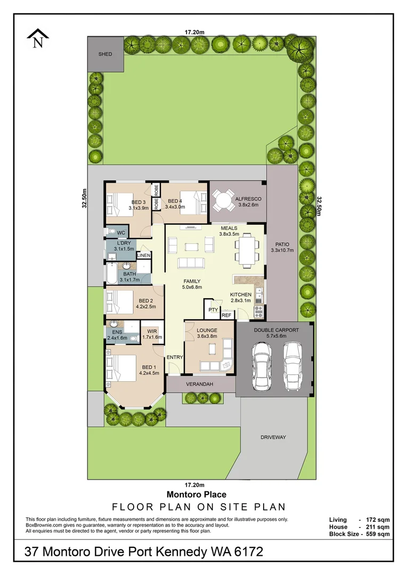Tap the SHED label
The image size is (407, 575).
pyautogui.click(x=105, y=54)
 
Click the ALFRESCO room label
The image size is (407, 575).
pyautogui.click(x=248, y=199)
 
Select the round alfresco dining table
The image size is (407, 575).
pyautogui.click(x=223, y=201)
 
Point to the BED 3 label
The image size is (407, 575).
pyautogui.click(x=139, y=202)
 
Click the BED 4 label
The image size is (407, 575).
pyautogui.click(x=175, y=201)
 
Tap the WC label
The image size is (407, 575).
pyautogui.click(x=120, y=233)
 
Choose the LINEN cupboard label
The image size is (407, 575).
pyautogui.click(x=144, y=256)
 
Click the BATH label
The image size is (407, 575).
pyautogui.click(x=130, y=274)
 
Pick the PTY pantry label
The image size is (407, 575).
pyautogui.click(x=213, y=309)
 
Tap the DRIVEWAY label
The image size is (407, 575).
pyautogui.click(x=273, y=437)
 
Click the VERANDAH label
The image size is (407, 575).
pyautogui.click(x=200, y=384)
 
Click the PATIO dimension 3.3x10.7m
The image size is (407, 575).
pyautogui.click(x=282, y=250)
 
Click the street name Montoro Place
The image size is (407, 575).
pyautogui.click(x=197, y=495)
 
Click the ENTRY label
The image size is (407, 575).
pyautogui.click(x=175, y=357)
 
